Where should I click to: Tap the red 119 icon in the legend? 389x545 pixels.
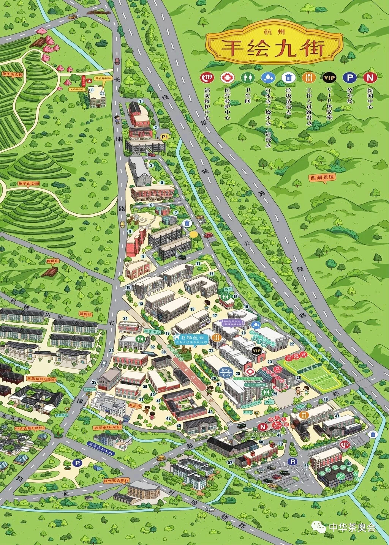(x=208, y=77)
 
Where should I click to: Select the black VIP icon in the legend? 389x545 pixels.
(x=329, y=77)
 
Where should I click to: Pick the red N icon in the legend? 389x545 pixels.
(x=369, y=77)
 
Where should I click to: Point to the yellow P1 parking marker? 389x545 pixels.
(x=165, y=136)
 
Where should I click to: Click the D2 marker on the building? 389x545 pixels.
(x=102, y=93)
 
